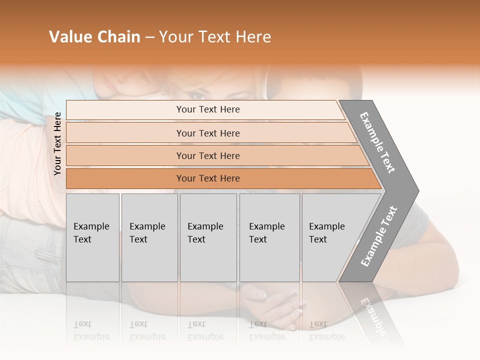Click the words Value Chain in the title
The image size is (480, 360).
(94, 37)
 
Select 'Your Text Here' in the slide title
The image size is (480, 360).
(215, 37)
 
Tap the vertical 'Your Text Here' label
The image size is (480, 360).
(57, 144)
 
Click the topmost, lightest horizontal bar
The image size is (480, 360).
(207, 109)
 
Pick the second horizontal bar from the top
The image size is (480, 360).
(207, 133)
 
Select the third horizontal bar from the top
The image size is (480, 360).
(207, 155)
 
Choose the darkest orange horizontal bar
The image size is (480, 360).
(207, 178)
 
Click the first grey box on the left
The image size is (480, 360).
(92, 237)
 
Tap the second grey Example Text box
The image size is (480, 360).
(149, 237)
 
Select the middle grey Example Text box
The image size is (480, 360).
(208, 237)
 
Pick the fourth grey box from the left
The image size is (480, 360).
(269, 237)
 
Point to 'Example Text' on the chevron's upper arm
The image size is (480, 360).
(377, 142)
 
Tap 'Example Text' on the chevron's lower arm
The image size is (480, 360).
(379, 236)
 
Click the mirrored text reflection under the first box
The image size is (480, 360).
(91, 330)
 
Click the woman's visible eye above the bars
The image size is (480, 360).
(198, 95)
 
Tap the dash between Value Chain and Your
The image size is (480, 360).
(149, 37)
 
